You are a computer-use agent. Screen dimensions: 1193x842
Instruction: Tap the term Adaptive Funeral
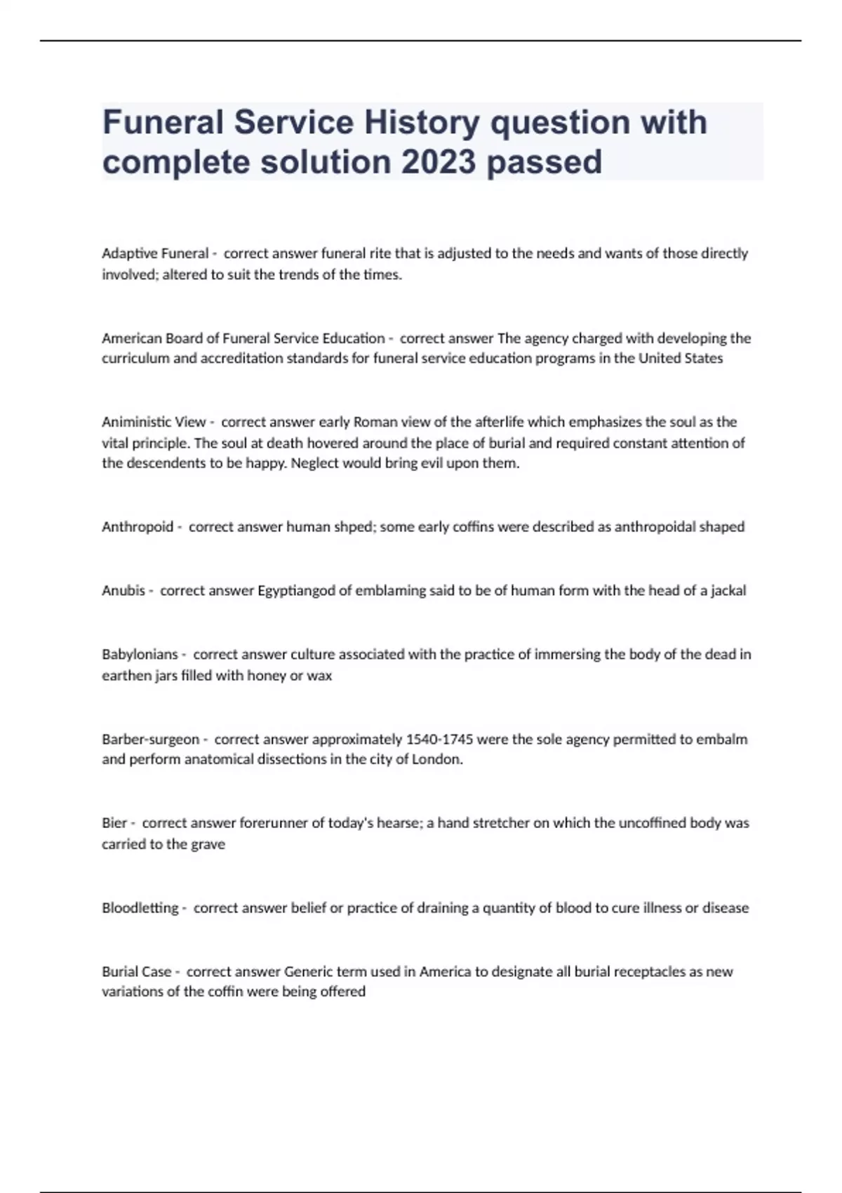point(155,253)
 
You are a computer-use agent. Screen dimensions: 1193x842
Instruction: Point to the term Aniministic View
point(154,422)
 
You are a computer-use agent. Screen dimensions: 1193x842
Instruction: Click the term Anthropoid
point(138,527)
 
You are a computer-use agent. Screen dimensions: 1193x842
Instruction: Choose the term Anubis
point(123,591)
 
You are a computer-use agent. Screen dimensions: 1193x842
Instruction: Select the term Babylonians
point(140,655)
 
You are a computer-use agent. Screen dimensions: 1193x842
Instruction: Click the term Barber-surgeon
point(151,739)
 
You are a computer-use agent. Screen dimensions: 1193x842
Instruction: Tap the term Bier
point(114,823)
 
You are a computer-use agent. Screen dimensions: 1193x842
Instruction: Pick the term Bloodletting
point(140,908)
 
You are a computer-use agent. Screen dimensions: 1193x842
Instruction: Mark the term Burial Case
point(137,972)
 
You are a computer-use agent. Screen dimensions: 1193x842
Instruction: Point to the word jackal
point(728,591)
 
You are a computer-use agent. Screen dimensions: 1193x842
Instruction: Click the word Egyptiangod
point(297,591)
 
